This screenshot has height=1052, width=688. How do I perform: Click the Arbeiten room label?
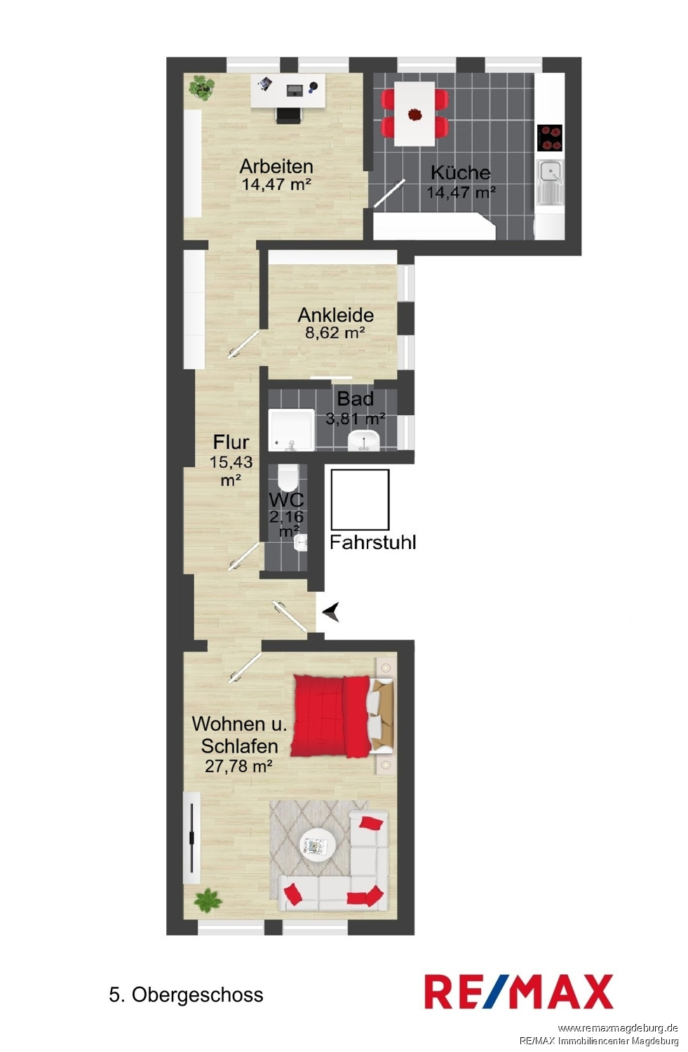(x=276, y=166)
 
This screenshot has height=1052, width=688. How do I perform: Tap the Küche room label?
(x=460, y=173)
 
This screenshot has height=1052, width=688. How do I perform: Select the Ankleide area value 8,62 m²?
(x=335, y=333)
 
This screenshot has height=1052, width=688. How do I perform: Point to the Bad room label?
(x=356, y=399)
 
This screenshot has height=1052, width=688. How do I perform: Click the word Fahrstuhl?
(x=373, y=542)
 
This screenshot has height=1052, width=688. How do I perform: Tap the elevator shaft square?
(x=360, y=499)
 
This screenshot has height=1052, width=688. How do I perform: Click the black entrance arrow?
(x=332, y=612)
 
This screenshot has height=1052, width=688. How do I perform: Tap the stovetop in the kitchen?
(x=549, y=137)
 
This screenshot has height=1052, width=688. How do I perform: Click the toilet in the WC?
(x=288, y=478)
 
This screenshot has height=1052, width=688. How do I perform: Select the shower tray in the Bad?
(x=292, y=430)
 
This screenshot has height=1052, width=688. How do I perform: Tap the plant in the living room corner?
(x=208, y=901)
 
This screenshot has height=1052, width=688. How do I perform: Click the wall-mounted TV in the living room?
(x=191, y=838)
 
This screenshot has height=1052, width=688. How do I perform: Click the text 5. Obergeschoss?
(x=186, y=995)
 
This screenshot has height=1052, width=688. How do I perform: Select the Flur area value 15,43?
(x=231, y=462)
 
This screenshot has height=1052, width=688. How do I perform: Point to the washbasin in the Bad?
(x=364, y=441)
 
